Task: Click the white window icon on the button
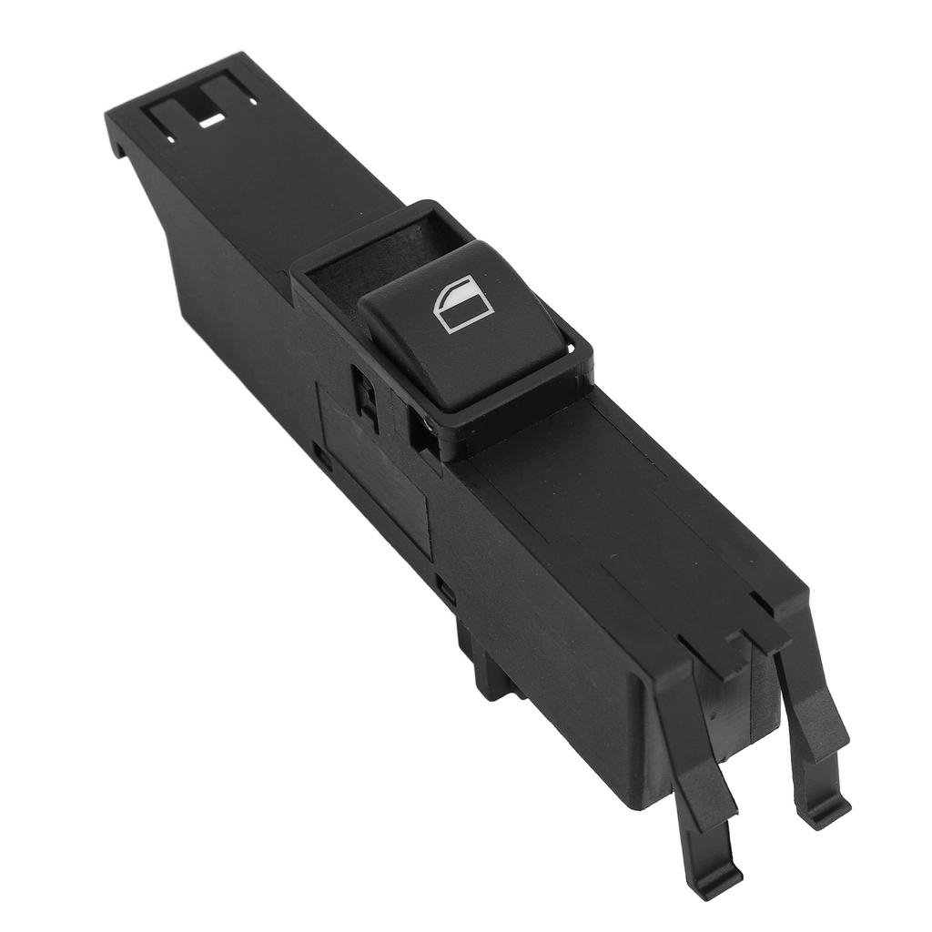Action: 463,304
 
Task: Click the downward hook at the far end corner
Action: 116,141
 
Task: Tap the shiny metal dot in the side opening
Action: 426,421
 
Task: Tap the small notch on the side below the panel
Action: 445,588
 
